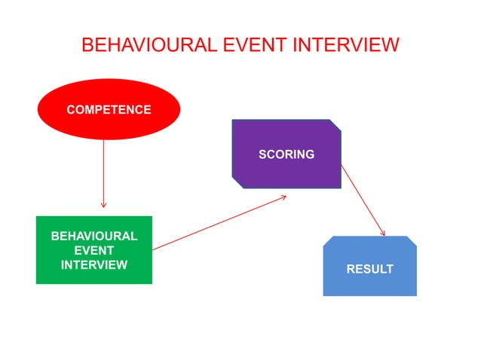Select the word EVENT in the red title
[249, 44]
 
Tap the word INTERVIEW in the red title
[346, 44]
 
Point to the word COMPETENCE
[109, 110]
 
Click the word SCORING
[286, 154]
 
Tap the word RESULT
[369, 269]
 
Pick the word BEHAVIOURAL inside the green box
[93, 236]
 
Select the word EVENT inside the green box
[93, 250]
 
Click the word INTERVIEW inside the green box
[93, 264]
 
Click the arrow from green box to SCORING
[219, 222]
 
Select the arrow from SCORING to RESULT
[363, 200]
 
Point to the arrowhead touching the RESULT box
[382, 233]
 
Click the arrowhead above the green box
[103, 204]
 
